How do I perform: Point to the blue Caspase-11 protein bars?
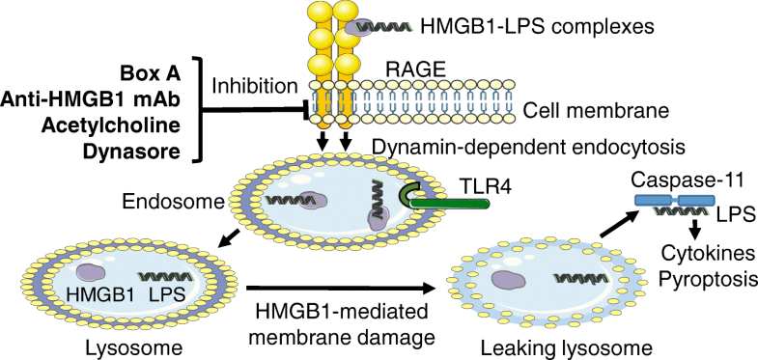[x=675, y=203]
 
